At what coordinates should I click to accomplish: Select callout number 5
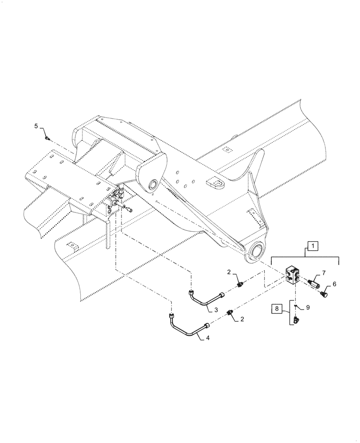[36, 127]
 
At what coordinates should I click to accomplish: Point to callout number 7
[323, 272]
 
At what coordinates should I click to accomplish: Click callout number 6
[334, 284]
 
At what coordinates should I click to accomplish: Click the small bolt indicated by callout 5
[47, 139]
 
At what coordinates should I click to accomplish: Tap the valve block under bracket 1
[291, 277]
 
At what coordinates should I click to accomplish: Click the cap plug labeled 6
[325, 292]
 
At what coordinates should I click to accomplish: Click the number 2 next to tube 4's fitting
[242, 319]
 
